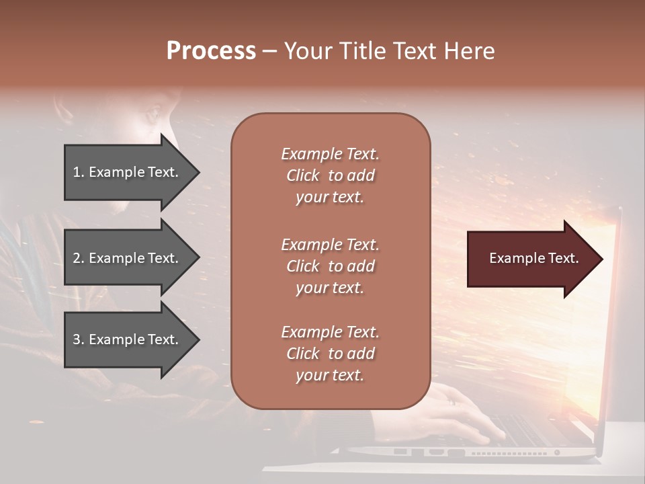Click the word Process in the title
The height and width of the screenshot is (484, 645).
coord(211,51)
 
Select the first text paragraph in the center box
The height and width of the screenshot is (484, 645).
coord(330,175)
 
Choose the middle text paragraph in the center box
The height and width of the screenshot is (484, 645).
coord(330,266)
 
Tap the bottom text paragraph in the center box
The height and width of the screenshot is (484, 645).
coord(330,354)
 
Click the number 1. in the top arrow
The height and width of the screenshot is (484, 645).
coord(79,172)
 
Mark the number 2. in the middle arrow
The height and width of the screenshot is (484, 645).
coord(79,258)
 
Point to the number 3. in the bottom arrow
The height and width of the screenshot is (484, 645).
coord(79,340)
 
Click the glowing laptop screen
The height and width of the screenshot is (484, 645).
coord(598,323)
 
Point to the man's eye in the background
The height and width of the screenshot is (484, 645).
coord(152,112)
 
